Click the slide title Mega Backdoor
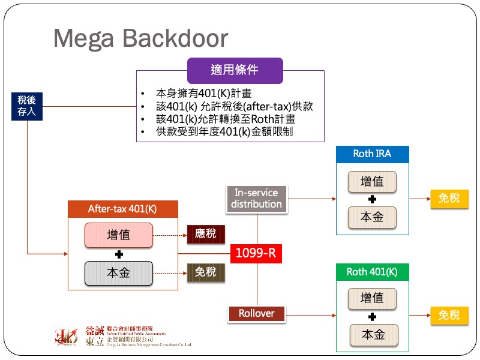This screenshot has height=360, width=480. (x=140, y=38)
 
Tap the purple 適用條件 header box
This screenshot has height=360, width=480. (x=235, y=70)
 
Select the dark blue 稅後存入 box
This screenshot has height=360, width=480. (x=27, y=106)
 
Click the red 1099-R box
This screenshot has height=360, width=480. (x=256, y=253)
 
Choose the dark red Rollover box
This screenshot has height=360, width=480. (x=257, y=313)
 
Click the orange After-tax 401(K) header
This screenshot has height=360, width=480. (x=122, y=209)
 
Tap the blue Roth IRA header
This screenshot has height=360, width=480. (x=372, y=154)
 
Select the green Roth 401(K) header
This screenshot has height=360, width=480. (x=372, y=272)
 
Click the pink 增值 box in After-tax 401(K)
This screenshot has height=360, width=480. (x=119, y=235)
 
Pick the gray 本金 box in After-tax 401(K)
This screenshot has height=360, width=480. (x=119, y=272)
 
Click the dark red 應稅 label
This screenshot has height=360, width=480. (x=206, y=234)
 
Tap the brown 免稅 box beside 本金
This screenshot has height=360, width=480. (x=206, y=272)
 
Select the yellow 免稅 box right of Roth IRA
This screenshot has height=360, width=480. (x=449, y=199)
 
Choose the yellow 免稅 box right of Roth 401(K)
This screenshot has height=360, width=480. (x=449, y=315)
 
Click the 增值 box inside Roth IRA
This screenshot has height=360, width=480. (x=372, y=182)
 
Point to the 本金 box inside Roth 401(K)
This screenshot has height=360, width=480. (x=372, y=334)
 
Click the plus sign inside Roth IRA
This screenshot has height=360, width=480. (x=372, y=199)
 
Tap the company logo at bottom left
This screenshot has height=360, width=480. (x=66, y=337)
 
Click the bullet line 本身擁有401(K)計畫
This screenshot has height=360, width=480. (x=204, y=94)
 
